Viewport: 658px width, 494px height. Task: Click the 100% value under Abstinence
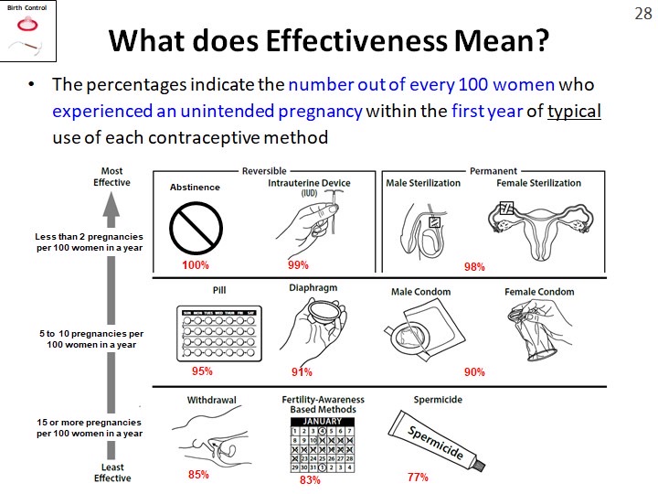coord(195,265)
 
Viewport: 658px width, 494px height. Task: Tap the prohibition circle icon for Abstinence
coord(196,223)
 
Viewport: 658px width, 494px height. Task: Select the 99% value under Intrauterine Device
coord(299,265)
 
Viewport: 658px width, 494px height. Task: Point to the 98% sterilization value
coord(474,267)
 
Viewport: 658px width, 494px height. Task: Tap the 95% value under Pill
coord(202,372)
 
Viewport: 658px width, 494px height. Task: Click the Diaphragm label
coord(312,287)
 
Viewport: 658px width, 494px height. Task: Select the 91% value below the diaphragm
coord(302,372)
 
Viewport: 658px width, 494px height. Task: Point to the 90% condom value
coord(474,372)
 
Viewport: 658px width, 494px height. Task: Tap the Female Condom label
coord(539,292)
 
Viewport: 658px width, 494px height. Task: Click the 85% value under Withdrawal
coord(198,475)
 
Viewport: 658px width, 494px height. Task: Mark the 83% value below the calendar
coord(310,480)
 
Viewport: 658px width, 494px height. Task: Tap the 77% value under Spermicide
coord(418,478)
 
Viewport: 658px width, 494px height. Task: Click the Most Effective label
coord(111,177)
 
